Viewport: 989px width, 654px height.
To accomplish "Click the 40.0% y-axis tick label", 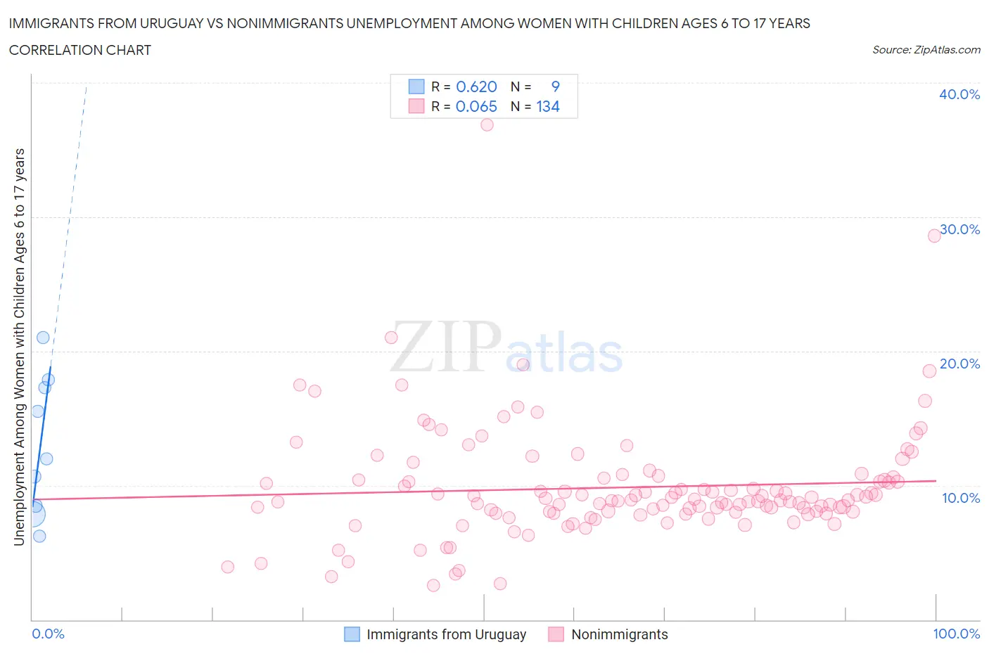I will point(959,94).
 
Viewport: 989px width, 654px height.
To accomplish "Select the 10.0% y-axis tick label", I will point(960,498).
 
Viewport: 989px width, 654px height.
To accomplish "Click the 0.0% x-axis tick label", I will point(48,634).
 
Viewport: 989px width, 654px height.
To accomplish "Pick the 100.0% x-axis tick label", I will point(956,634).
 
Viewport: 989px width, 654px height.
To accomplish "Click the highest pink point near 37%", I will point(487,124).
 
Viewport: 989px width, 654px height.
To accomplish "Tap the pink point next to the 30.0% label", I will point(934,236).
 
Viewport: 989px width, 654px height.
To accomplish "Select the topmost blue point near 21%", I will point(43,338).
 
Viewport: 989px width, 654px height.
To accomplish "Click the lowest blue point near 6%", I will point(39,536).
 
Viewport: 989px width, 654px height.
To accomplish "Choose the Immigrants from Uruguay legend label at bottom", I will point(446,634).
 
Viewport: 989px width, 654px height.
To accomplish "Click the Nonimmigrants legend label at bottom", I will point(619,634).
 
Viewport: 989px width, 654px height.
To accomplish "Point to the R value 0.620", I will point(476,86).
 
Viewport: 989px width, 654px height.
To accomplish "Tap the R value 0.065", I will point(476,106).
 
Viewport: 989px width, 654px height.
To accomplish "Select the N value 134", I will point(548,106).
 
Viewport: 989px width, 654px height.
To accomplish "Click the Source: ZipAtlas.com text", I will point(926,50).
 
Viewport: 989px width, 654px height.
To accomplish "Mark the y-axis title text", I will point(19,347).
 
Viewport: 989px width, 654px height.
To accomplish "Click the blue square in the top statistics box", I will point(416,86).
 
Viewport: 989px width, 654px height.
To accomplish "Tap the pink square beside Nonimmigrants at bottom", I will point(556,634).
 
